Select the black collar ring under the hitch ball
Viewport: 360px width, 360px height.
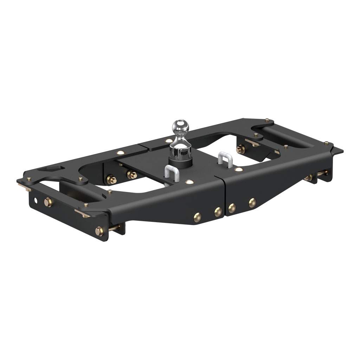[181, 162]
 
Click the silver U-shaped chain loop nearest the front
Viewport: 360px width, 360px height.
[171, 174]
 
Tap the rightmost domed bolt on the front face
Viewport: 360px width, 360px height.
[252, 203]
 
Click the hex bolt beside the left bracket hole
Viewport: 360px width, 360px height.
[48, 202]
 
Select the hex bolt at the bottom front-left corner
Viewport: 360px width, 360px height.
[99, 231]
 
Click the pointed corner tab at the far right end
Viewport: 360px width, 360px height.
[338, 151]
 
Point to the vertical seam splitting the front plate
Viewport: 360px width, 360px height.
[224, 197]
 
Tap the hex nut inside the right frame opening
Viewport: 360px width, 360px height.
[241, 149]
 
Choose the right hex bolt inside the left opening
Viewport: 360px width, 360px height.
[132, 174]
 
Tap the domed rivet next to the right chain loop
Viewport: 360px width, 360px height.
[239, 169]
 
